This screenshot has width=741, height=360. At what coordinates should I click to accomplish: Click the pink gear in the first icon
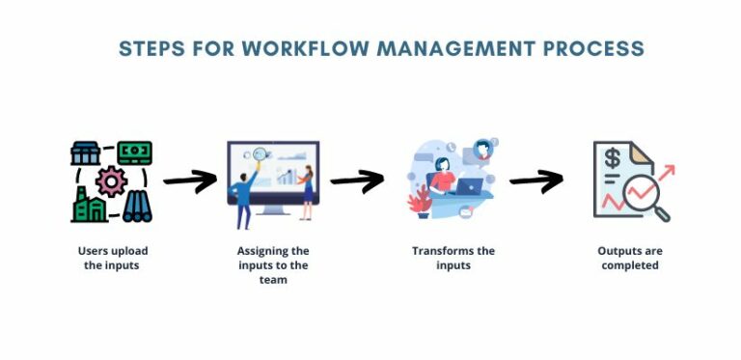pyautogui.click(x=113, y=181)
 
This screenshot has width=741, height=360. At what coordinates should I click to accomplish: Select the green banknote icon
pyautogui.click(x=135, y=153)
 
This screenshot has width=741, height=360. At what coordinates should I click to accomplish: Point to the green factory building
pyautogui.click(x=90, y=207)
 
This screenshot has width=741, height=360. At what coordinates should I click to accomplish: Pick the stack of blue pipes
pyautogui.click(x=136, y=207)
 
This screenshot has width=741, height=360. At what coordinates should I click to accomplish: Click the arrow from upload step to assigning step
pyautogui.click(x=189, y=180)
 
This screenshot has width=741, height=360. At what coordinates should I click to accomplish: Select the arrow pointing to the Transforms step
pyautogui.click(x=357, y=180)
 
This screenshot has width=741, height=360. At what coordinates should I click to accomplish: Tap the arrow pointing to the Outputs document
pyautogui.click(x=535, y=180)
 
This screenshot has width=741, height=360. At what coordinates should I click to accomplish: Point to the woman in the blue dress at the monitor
pyautogui.click(x=308, y=191)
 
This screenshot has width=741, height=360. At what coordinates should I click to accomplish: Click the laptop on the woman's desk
pyautogui.click(x=470, y=187)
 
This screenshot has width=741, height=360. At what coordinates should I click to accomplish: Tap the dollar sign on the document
pyautogui.click(x=612, y=158)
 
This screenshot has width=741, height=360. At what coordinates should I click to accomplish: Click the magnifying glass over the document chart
pyautogui.click(x=648, y=198)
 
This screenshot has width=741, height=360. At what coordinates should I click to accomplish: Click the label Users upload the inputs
pyautogui.click(x=113, y=258)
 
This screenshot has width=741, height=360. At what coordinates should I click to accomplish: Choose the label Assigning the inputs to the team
pyautogui.click(x=274, y=265)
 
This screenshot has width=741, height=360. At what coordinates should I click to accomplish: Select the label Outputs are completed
pyautogui.click(x=630, y=258)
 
